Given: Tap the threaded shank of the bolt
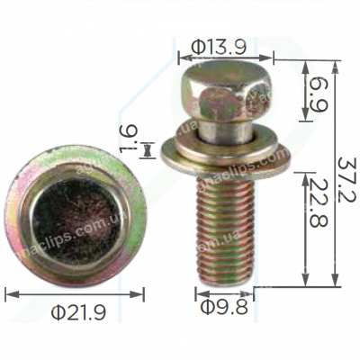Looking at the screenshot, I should click(x=223, y=225).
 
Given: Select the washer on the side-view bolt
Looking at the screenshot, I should click(x=225, y=157).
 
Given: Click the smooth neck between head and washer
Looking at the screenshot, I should click(x=220, y=130).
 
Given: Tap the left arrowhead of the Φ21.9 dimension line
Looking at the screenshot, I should click(x=8, y=292).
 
